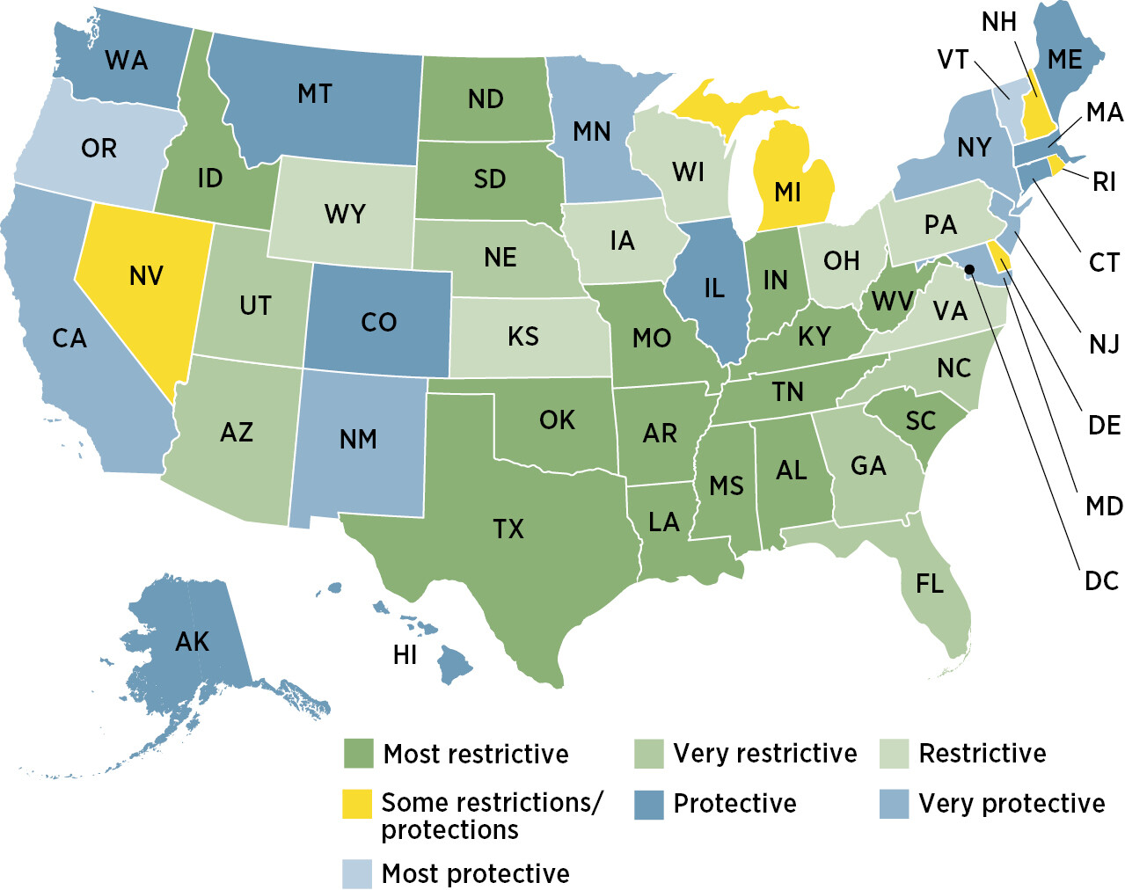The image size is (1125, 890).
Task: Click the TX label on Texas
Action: [x=508, y=529]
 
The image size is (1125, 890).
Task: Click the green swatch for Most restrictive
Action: [x=358, y=754]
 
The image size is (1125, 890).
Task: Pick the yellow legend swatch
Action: [x=357, y=803]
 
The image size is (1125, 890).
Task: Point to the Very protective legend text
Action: [x=1012, y=803]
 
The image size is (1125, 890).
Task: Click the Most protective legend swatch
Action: [x=357, y=873]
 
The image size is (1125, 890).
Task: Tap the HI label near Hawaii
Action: [x=405, y=655]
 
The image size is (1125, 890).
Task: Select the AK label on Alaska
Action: [x=192, y=642]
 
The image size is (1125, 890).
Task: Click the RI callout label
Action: [x=1104, y=182]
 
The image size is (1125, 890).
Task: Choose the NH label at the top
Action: [x=999, y=22]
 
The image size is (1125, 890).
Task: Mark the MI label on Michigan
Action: [x=788, y=192]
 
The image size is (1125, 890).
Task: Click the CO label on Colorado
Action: [x=379, y=323]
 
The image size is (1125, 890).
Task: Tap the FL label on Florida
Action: [x=930, y=584]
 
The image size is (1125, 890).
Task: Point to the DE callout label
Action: [x=1104, y=426]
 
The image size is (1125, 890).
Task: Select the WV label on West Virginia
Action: [x=892, y=302]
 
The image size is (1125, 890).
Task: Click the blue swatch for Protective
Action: [x=648, y=804]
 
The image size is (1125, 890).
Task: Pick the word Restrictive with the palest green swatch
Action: [x=983, y=754]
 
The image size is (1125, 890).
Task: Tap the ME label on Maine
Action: [x=1065, y=60]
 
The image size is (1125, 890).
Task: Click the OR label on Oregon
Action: [x=99, y=149]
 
